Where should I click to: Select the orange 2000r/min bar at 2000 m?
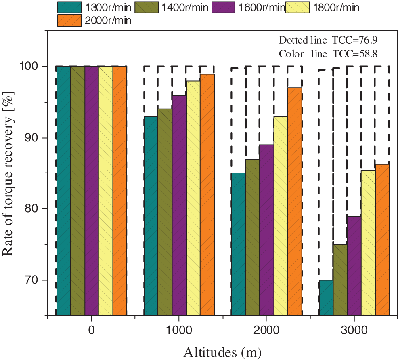[x=294, y=201]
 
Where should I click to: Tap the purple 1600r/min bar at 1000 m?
[x=179, y=205]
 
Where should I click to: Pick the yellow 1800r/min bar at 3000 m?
[x=368, y=242]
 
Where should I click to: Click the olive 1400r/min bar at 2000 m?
[x=252, y=237]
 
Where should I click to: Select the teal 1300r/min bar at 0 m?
[x=63, y=190]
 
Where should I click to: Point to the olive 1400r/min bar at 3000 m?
[x=340, y=279]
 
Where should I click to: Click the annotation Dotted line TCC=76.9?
[x=328, y=40]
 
